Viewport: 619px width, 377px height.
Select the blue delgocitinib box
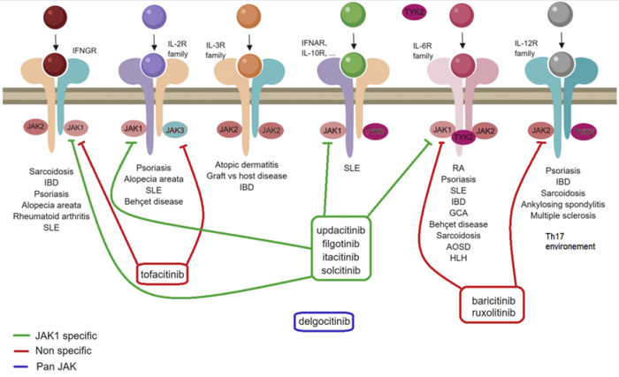323,323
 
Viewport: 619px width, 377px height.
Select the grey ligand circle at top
558,16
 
